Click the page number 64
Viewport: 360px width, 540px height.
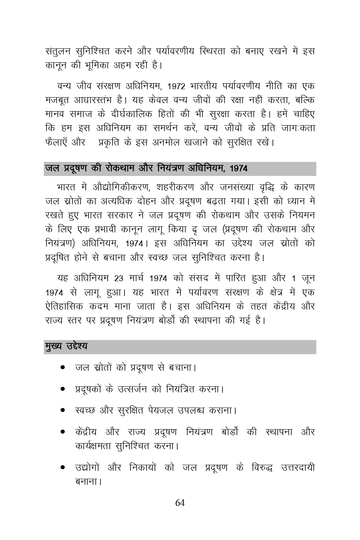[180, 503]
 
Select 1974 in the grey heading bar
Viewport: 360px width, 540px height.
[239, 169]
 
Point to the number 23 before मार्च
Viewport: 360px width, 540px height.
[119, 278]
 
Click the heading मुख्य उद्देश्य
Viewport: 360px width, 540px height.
[66, 346]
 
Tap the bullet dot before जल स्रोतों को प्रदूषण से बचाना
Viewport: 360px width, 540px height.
[63, 367]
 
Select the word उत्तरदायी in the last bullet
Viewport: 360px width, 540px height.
[297, 467]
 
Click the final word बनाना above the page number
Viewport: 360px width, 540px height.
[86, 482]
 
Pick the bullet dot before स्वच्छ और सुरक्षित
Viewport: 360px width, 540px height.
[63, 410]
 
